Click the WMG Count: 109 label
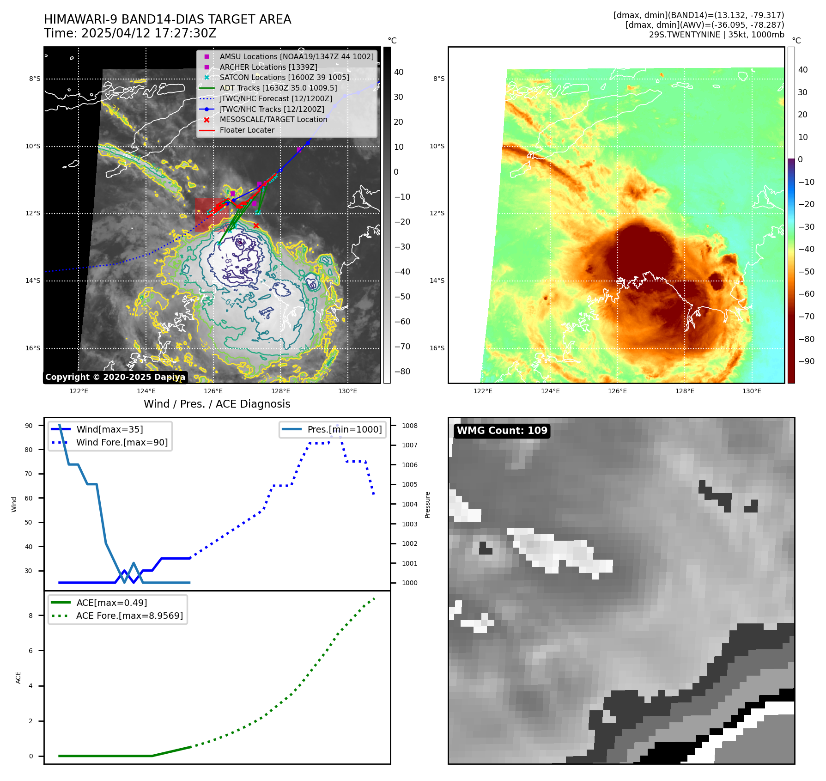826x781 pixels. pos(502,431)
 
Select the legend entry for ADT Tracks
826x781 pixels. pos(278,88)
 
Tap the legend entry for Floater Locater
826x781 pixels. pos(247,130)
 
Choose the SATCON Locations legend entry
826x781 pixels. pos(284,77)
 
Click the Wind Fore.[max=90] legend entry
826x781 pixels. pos(122,442)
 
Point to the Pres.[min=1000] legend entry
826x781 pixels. pos(345,429)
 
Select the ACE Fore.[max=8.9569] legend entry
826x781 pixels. pos(129,616)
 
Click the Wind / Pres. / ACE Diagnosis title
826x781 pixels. pos(217,404)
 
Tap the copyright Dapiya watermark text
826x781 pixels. pos(115,377)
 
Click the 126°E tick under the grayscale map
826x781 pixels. pos(213,391)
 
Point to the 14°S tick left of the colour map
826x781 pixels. pos(437,281)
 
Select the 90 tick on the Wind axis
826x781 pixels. pos(29,426)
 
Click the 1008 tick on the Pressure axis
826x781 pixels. pos(409,426)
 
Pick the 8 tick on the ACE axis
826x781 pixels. pos(31,616)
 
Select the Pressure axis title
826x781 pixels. pos(427,505)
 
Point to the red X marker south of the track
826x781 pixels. pos(256,226)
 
